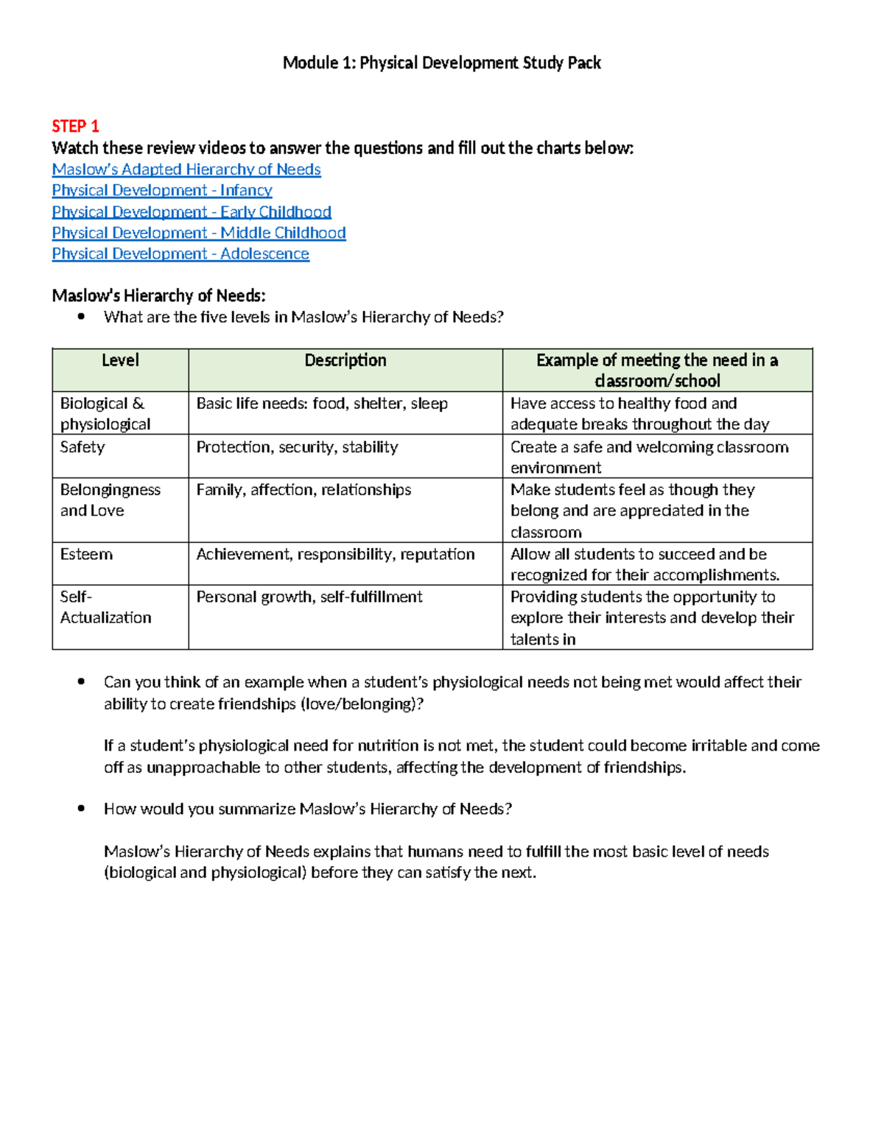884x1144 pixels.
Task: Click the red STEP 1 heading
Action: [x=75, y=126]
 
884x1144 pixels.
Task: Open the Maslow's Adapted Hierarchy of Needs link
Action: [x=186, y=169]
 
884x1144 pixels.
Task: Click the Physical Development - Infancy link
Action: [x=162, y=190]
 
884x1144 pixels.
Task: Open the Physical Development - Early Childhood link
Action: [x=192, y=211]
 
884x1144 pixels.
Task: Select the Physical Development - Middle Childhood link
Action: [x=199, y=233]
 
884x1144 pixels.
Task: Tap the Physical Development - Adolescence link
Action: [x=180, y=253]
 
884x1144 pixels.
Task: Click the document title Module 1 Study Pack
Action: [x=441, y=63]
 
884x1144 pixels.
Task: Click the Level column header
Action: [x=120, y=360]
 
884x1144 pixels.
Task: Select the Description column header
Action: [x=345, y=360]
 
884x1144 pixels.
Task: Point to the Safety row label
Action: [x=83, y=447]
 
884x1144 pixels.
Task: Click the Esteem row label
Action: [x=86, y=554]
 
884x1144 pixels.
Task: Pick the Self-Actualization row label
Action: [x=105, y=607]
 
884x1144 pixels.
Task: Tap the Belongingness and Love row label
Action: [x=110, y=500]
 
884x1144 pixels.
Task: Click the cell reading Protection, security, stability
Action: [x=297, y=447]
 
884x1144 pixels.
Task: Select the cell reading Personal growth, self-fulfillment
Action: [x=309, y=597]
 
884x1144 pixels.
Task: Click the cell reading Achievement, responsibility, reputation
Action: [x=335, y=554]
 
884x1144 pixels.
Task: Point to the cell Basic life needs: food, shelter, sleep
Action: [x=322, y=404]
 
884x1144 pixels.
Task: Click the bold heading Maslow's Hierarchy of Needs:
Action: [x=158, y=295]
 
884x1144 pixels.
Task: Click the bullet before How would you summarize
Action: [x=82, y=809]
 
